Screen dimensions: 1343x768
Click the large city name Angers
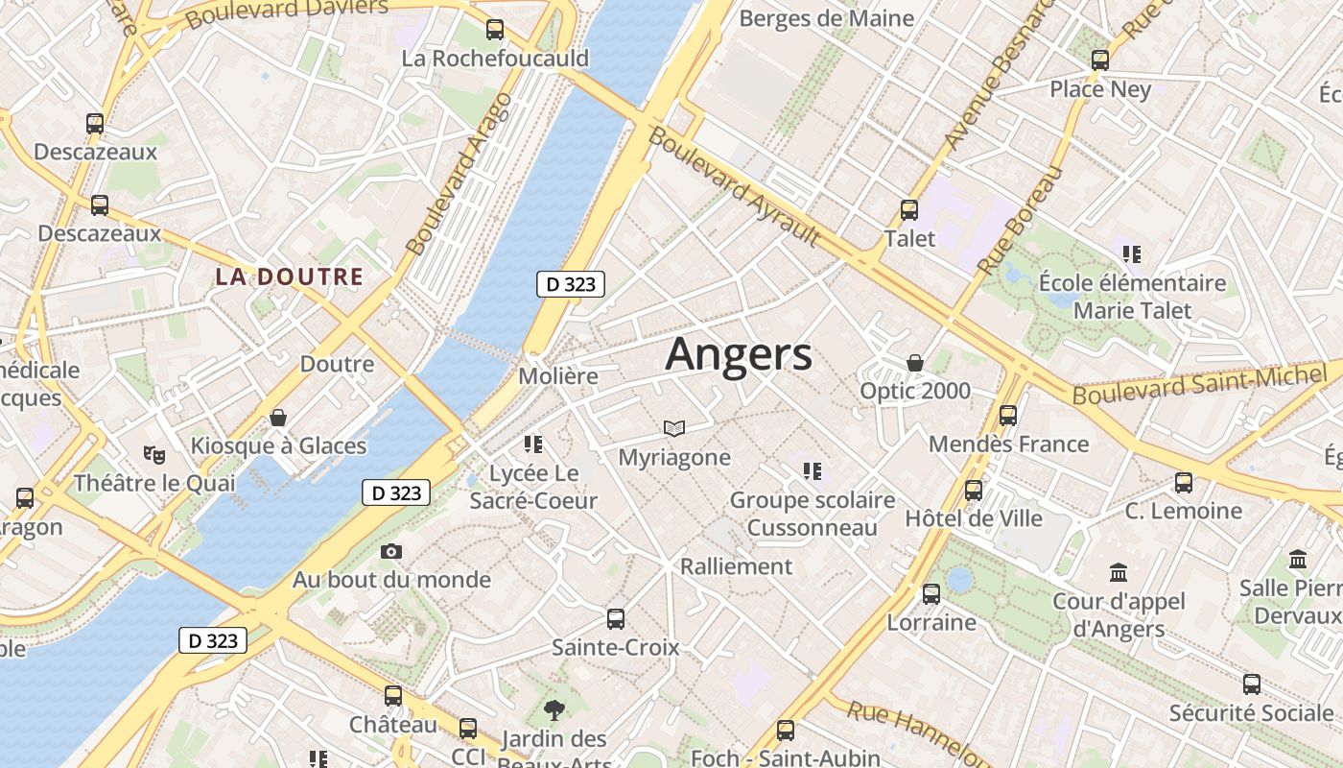[739, 354]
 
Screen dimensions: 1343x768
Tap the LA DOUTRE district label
[289, 277]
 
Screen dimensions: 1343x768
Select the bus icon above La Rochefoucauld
[495, 30]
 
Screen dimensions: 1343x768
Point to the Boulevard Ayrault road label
[734, 185]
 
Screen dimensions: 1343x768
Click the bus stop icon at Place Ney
[1100, 60]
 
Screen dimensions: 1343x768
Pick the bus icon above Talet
[909, 209]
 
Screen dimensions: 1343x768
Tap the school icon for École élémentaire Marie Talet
[1132, 254]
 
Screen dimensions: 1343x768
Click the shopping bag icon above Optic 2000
[915, 363]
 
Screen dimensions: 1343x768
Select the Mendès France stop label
[1008, 444]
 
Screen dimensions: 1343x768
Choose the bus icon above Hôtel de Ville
[974, 491]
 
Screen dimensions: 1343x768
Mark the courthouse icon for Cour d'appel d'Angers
[1119, 573]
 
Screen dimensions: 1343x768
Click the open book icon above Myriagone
[674, 428]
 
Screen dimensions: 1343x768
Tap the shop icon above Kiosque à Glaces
[278, 418]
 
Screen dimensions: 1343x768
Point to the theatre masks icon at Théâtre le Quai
[153, 454]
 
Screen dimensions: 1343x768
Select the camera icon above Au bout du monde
[391, 551]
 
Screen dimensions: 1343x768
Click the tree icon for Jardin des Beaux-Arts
[554, 710]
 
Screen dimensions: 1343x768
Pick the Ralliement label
[737, 566]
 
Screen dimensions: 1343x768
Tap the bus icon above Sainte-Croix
[616, 619]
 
